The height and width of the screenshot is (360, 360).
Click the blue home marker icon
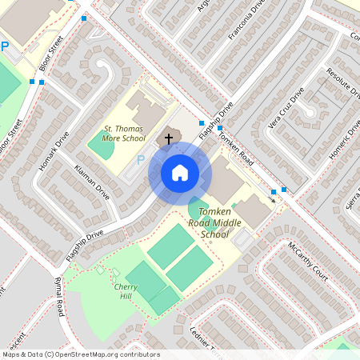pyautogui.click(x=179, y=172)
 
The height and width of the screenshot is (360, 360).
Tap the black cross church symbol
pyautogui.click(x=169, y=138)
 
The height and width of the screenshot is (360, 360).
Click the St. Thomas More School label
pyautogui.click(x=125, y=133)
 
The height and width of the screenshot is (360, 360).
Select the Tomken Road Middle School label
pyautogui.click(x=214, y=222)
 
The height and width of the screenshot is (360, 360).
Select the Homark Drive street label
pyautogui.click(x=54, y=151)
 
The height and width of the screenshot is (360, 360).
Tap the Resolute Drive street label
pyautogui.click(x=343, y=82)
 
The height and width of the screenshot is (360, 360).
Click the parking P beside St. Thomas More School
pyautogui.click(x=141, y=160)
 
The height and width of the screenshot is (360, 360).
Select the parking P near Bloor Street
pyautogui.click(x=5, y=47)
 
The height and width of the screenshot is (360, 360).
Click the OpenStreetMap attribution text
pyautogui.click(x=81, y=354)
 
